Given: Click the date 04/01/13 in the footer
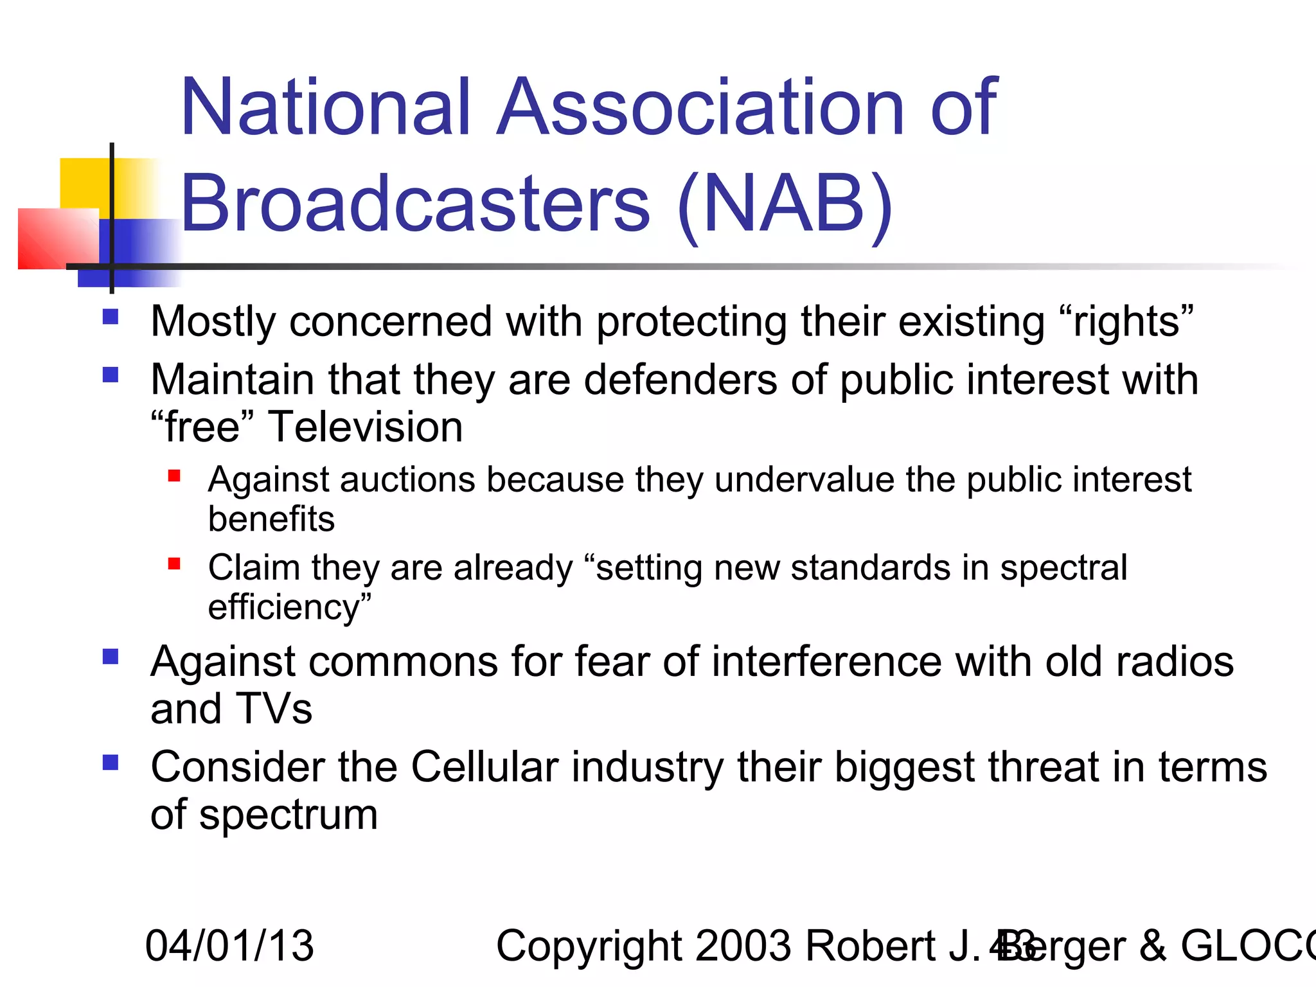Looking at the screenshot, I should [229, 946].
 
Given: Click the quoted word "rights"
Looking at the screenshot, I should [1125, 321].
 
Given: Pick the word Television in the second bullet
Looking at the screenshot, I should [365, 427].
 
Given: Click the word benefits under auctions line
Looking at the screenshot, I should [271, 519].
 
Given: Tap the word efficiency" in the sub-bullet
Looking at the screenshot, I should [290, 607].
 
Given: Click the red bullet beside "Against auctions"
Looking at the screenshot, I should [174, 476].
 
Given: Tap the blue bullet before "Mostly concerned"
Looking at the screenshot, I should [111, 317].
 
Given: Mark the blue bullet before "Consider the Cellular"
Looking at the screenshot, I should [111, 763].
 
